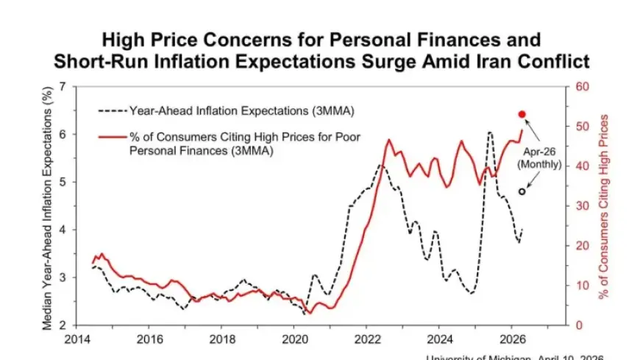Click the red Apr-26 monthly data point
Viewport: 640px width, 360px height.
pos(522,114)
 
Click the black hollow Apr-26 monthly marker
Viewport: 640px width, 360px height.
pos(522,191)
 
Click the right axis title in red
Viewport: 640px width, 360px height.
pos(604,206)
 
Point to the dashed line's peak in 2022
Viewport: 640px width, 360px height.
pos(380,165)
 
